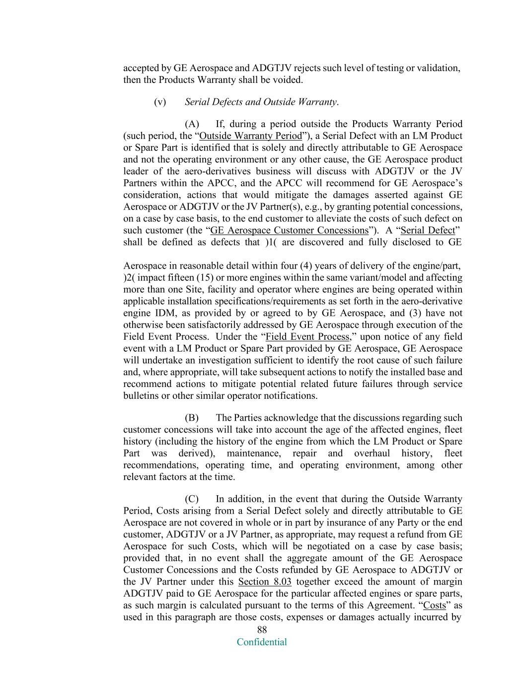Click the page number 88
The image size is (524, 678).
(x=262, y=630)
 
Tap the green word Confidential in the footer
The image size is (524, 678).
(x=262, y=642)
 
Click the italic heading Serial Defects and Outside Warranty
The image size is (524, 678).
(x=261, y=102)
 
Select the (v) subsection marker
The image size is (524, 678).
(x=160, y=102)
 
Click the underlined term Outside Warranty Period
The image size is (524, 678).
(x=250, y=136)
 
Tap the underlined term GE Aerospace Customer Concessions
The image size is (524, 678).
(x=289, y=230)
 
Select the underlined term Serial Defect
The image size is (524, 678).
(x=428, y=230)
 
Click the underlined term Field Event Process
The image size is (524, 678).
(x=307, y=337)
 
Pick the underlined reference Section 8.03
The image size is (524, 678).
(x=265, y=582)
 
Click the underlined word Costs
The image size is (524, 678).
(x=434, y=605)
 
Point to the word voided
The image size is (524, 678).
(x=288, y=79)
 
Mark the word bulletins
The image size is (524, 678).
(x=142, y=396)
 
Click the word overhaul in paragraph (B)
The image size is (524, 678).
(x=373, y=453)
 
